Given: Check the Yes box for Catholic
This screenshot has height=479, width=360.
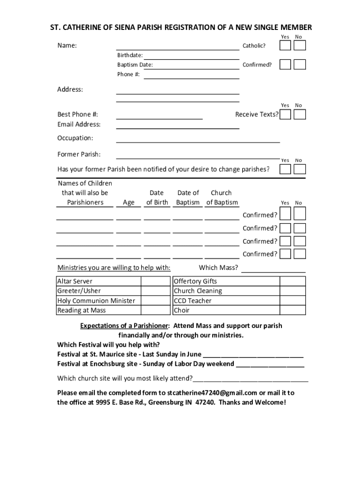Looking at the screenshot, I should (285, 45).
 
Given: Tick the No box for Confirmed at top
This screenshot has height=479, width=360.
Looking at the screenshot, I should (300, 65).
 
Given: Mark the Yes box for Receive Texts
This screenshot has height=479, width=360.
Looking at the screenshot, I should (285, 115).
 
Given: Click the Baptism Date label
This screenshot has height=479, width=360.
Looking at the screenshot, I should (135, 65).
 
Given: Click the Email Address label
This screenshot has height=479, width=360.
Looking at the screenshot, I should (79, 124).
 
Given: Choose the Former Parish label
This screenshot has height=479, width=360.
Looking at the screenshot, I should (79, 154).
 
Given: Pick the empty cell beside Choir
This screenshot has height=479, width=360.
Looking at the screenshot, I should (293, 310).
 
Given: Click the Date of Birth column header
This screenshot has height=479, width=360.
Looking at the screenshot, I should (157, 198).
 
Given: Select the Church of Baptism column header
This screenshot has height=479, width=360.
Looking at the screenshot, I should (221, 198).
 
